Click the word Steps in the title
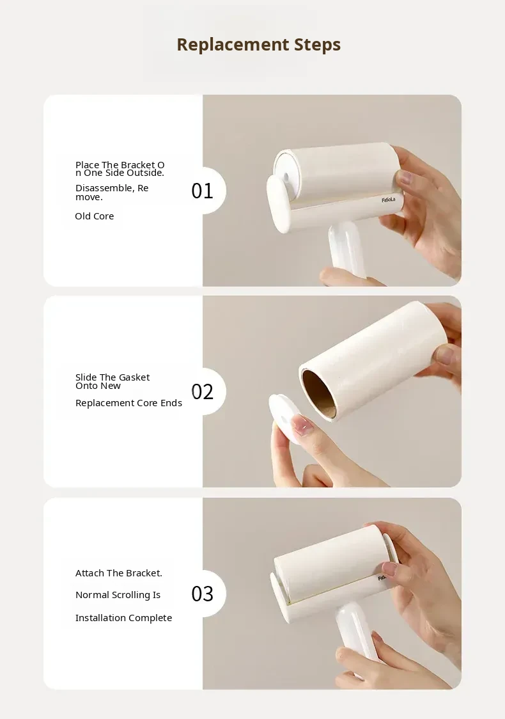click(x=317, y=45)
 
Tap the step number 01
click(x=202, y=191)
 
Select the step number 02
click(x=202, y=392)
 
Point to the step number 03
click(x=202, y=594)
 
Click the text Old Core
click(x=95, y=216)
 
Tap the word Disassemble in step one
click(x=105, y=188)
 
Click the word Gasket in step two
click(x=134, y=377)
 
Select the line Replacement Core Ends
click(x=128, y=403)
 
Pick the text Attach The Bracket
click(x=119, y=573)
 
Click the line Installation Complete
click(x=124, y=618)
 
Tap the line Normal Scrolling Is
click(x=118, y=595)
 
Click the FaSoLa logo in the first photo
click(x=388, y=200)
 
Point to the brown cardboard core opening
click(x=320, y=394)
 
